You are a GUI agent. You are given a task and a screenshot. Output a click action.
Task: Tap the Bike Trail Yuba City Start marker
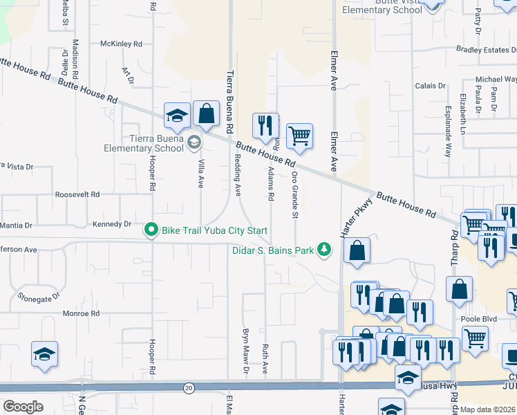click(x=150, y=230)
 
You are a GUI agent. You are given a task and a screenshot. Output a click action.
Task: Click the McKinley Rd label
click(x=121, y=44)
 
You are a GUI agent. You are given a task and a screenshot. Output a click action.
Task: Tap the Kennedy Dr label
click(x=111, y=224)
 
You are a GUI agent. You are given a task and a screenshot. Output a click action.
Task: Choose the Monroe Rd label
click(x=82, y=313)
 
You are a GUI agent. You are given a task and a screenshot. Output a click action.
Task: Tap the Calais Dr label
click(x=430, y=86)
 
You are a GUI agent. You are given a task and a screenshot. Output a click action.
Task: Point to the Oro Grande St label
click(x=294, y=195)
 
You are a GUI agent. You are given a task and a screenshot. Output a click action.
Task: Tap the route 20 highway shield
click(x=189, y=388)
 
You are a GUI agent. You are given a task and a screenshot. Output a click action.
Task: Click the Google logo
click(x=23, y=407)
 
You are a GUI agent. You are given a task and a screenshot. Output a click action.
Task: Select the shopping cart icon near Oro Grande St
click(x=299, y=136)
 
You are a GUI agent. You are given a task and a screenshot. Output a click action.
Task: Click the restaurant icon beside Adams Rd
click(x=265, y=125)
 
